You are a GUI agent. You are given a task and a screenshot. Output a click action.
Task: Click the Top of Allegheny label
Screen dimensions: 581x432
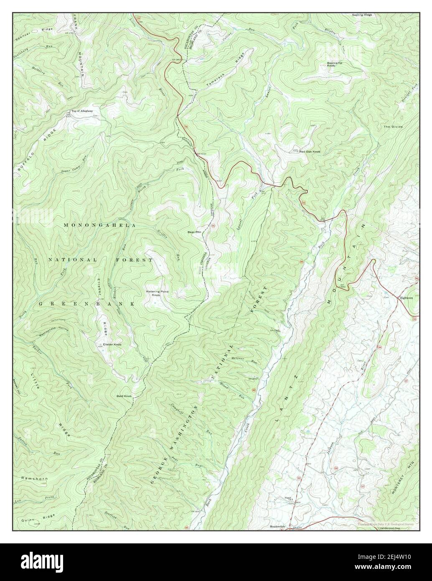81,111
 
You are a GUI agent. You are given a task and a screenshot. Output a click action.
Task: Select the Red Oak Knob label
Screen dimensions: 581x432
310,152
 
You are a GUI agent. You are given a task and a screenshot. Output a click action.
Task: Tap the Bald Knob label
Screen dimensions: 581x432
124,395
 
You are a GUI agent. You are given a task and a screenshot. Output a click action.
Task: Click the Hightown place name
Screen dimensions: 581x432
406,298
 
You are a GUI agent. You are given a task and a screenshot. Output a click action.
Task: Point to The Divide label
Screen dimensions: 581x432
393,126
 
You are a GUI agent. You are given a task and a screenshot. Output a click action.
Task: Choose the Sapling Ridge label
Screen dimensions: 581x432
361,15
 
